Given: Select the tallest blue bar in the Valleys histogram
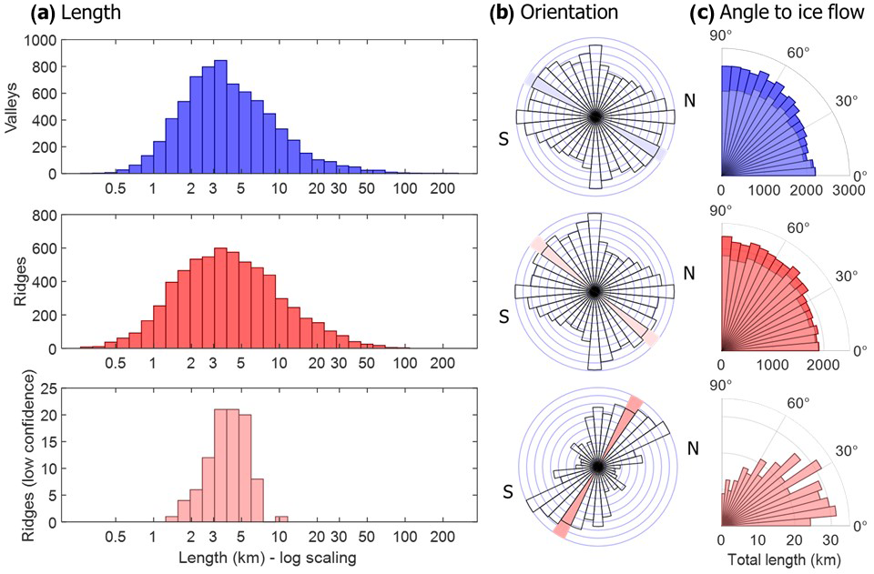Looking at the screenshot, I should click(x=220, y=116).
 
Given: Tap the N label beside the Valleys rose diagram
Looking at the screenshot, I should click(x=692, y=99).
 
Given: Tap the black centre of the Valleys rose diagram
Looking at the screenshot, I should click(x=595, y=116).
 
